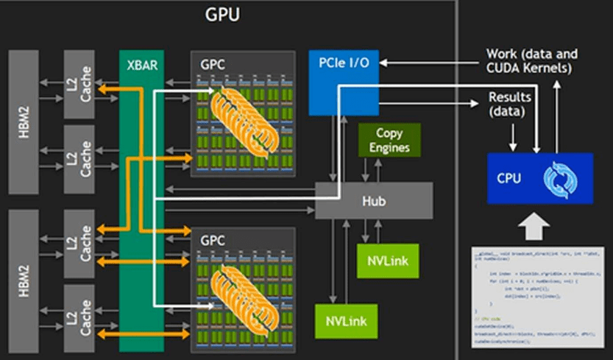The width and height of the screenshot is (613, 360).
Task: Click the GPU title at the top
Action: pyautogui.click(x=222, y=15)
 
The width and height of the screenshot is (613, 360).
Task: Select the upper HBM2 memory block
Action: pyautogui.click(x=25, y=122)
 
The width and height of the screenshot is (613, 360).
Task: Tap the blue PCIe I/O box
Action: pyautogui.click(x=339, y=82)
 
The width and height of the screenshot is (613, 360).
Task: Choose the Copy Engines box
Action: pyautogui.click(x=389, y=140)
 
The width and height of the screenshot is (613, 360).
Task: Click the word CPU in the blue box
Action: pyautogui.click(x=510, y=177)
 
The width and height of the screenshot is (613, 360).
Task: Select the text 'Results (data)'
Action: pyautogui.click(x=509, y=105)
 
